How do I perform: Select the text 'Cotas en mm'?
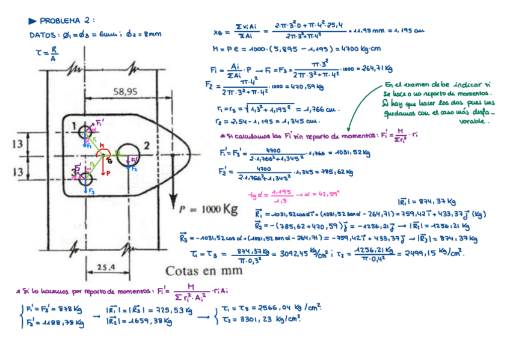tap(204, 270)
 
